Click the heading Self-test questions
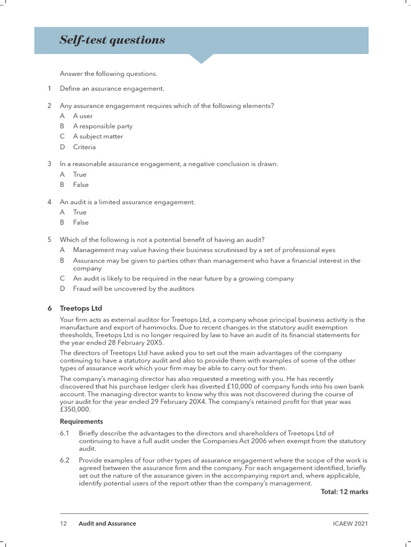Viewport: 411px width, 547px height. (x=112, y=40)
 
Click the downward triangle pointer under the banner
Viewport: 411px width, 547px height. (x=201, y=58)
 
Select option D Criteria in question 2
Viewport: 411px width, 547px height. (x=85, y=146)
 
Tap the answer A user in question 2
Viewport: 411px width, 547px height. (x=83, y=116)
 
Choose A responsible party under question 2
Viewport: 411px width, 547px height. (x=103, y=126)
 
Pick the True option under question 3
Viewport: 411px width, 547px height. (x=80, y=174)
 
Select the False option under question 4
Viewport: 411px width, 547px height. (x=81, y=222)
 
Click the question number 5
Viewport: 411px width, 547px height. (x=49, y=239)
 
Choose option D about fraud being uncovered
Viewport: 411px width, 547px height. (x=133, y=288)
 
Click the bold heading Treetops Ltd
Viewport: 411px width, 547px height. (x=81, y=308)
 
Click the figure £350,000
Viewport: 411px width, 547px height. (x=75, y=409)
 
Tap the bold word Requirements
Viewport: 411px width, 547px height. (x=81, y=421)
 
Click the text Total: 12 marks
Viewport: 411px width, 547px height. (x=344, y=491)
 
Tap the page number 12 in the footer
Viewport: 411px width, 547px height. (x=63, y=523)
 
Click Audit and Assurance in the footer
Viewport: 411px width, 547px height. (x=107, y=523)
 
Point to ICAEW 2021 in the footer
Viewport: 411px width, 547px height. (x=350, y=523)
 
